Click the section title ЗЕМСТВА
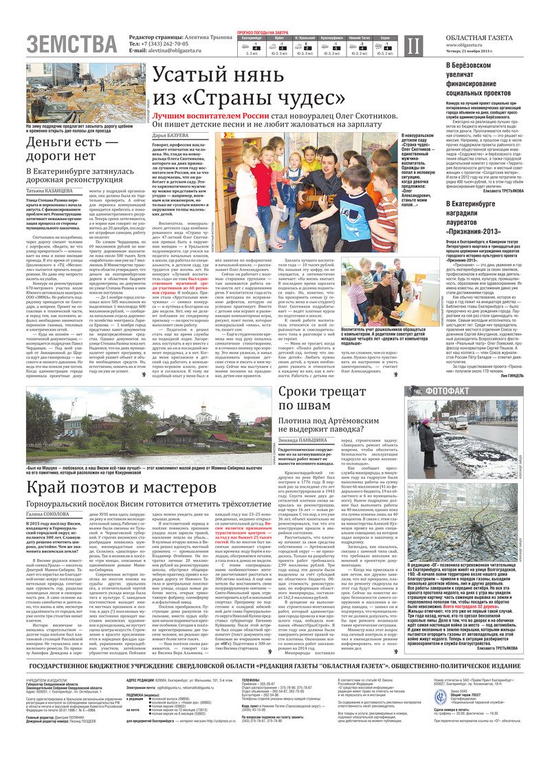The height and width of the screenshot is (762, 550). coord(72,45)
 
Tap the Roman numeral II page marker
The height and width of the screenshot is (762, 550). coord(412,45)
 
